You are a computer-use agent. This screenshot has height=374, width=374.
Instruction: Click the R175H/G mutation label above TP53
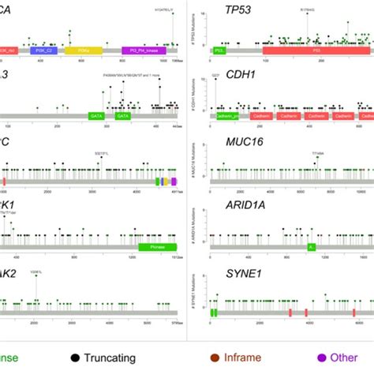click(x=309, y=10)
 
